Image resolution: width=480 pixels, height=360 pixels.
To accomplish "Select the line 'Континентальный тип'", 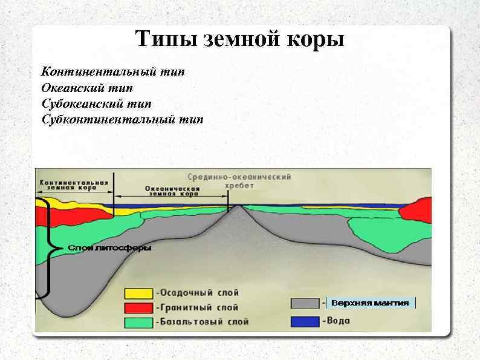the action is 113,72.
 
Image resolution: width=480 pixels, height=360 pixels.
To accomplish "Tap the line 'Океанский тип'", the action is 91,88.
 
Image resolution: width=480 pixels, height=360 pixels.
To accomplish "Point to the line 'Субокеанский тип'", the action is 97,103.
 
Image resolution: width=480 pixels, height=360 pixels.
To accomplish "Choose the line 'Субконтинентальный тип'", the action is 123,119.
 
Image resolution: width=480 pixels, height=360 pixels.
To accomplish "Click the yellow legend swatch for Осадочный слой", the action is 138,293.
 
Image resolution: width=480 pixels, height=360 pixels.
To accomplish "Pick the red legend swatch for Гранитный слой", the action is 138,307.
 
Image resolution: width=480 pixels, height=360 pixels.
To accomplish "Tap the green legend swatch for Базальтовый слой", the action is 138,322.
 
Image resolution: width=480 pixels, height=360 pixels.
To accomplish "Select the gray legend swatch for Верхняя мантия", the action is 305,303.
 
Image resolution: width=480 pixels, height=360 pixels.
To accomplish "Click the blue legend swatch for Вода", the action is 305,320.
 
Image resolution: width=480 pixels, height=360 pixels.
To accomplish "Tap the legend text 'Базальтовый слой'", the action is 202,322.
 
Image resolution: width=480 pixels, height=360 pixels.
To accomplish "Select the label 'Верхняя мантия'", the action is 370,303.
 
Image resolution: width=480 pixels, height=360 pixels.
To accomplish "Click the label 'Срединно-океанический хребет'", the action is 239,181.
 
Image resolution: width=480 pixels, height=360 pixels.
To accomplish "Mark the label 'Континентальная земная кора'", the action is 74,185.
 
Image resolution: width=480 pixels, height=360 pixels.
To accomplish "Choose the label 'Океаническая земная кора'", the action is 172,191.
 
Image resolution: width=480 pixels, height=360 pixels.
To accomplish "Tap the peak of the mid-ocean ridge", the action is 240,206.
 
